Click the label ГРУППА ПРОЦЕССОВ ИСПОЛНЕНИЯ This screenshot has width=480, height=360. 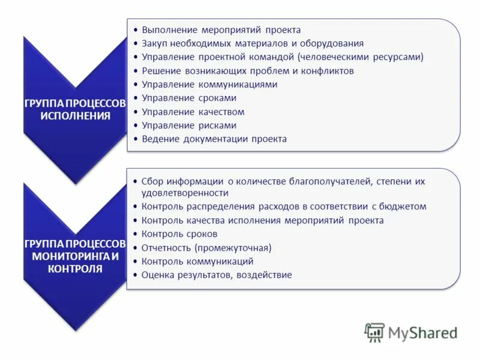pyautogui.click(x=75, y=109)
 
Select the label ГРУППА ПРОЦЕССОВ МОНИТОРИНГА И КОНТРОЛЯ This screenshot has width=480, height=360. pyautogui.click(x=75, y=256)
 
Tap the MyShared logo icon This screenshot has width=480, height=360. pyautogui.click(x=374, y=332)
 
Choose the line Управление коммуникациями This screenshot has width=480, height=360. pyautogui.click(x=209, y=85)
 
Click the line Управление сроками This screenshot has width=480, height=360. pyautogui.click(x=189, y=98)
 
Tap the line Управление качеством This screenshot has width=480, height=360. pyautogui.click(x=193, y=112)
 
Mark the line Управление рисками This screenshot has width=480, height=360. pyautogui.click(x=189, y=125)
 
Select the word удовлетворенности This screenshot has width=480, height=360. pyautogui.click(x=185, y=193)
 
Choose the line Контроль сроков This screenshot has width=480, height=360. pyautogui.click(x=179, y=234)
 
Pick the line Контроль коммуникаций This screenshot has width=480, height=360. pyautogui.click(x=197, y=262)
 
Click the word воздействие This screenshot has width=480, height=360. pyautogui.click(x=265, y=275)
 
